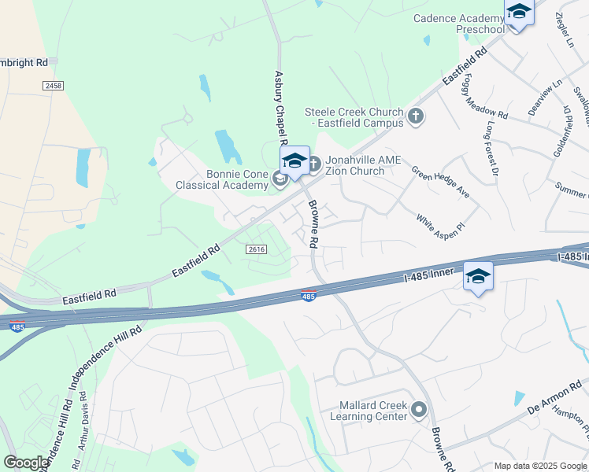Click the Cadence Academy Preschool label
pos(458,24)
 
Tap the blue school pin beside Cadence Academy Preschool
pos(519,13)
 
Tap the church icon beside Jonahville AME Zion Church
pos(313,164)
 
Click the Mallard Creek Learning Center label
pos(372,411)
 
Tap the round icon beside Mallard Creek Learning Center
pos(419,409)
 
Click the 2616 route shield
pos(255,249)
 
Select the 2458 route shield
pos(54,85)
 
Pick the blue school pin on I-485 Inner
pos(478,276)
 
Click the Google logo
pos(27,462)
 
